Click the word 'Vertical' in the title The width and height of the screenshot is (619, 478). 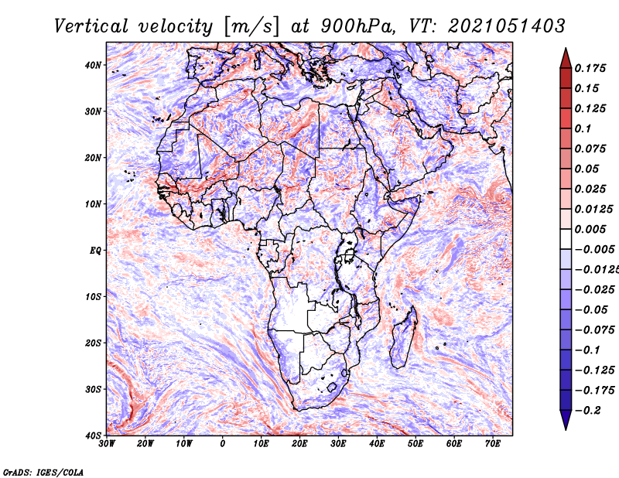pyautogui.click(x=91, y=26)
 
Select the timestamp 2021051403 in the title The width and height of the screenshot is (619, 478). pyautogui.click(x=507, y=26)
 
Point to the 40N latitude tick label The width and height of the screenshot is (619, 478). pyautogui.click(x=93, y=65)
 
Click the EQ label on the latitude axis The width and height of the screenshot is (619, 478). pyautogui.click(x=95, y=251)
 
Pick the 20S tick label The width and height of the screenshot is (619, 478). pyautogui.click(x=93, y=343)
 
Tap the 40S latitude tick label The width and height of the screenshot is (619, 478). pyautogui.click(x=93, y=435)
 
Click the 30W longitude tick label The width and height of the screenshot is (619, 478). pyautogui.click(x=107, y=444)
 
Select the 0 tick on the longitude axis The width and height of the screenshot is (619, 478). pyautogui.click(x=223, y=444)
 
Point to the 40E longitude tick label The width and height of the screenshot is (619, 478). pyautogui.click(x=377, y=444)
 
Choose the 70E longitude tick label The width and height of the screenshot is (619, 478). pyautogui.click(x=493, y=444)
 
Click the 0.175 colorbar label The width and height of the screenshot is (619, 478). pyautogui.click(x=590, y=68)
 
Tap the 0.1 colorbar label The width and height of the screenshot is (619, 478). pyautogui.click(x=583, y=128)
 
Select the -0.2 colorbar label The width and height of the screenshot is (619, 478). pyautogui.click(x=587, y=411)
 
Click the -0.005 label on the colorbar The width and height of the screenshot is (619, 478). pyautogui.click(x=595, y=250)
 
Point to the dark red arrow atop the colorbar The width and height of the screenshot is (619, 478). pyautogui.click(x=566, y=58)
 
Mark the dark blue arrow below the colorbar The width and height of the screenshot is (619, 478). pyautogui.click(x=566, y=420)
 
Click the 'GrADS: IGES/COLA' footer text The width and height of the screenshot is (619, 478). pyautogui.click(x=43, y=472)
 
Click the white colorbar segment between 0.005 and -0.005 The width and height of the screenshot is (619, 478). pyautogui.click(x=566, y=239)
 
